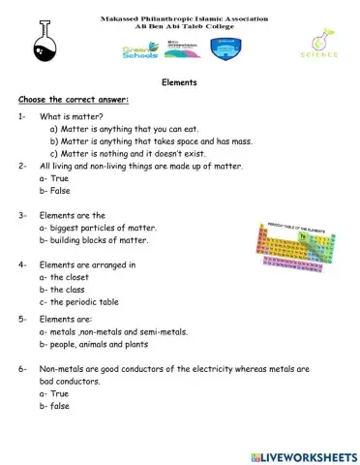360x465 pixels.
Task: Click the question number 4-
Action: pos(22,264)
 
